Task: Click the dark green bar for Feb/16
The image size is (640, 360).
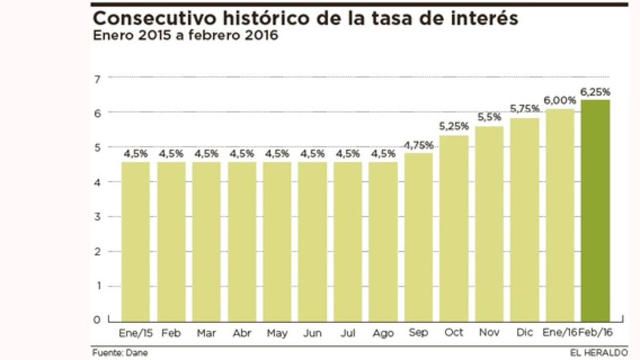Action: [595, 211]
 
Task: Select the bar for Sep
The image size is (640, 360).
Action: [419, 237]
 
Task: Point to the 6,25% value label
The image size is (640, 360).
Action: [595, 92]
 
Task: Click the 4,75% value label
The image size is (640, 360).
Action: [419, 146]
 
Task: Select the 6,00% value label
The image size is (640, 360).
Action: [560, 100]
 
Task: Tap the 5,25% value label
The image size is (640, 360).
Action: [454, 127]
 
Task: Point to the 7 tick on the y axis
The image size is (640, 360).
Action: [97, 79]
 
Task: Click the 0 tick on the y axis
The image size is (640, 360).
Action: [97, 320]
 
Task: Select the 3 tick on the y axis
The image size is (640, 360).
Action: [97, 217]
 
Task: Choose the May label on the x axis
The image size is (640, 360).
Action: [277, 333]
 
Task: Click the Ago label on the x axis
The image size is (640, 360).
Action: [383, 333]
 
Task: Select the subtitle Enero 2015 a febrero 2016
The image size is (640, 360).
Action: [185, 36]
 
